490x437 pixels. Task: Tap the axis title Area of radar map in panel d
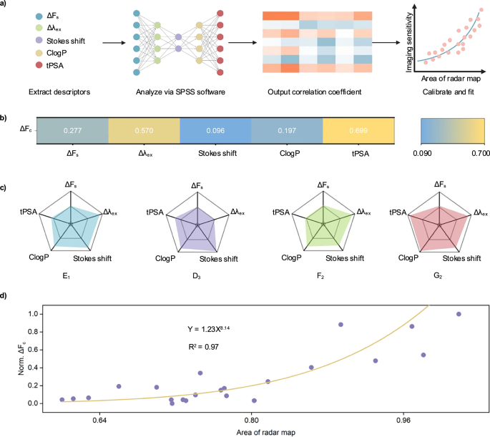coord(250,432)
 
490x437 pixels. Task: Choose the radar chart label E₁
coord(66,272)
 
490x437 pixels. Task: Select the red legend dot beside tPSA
coord(16,65)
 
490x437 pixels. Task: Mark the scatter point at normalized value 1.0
coord(459,314)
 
